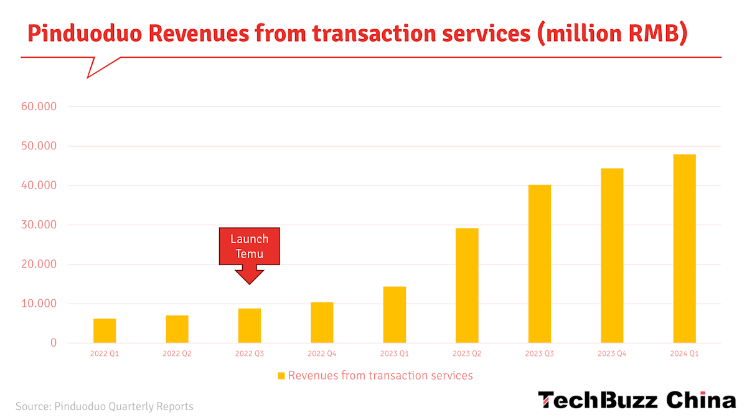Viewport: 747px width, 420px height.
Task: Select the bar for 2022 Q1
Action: [x=105, y=330]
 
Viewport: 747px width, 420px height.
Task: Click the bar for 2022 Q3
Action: [x=250, y=325]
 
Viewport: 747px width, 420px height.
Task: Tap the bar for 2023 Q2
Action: [x=467, y=286]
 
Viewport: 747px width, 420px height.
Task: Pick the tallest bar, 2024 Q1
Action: [x=684, y=249]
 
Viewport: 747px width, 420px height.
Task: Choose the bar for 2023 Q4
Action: [x=612, y=256]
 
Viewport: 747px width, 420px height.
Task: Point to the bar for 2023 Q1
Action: [x=395, y=315]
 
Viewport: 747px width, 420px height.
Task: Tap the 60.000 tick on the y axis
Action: [x=39, y=107]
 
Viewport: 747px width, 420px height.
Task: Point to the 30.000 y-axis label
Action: [x=39, y=225]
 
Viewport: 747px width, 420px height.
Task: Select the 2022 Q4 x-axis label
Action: [x=322, y=354]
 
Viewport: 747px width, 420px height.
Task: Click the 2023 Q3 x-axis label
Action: [x=539, y=354]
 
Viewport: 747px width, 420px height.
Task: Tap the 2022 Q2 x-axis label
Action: [x=177, y=354]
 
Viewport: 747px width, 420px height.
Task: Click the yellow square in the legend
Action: [x=281, y=376]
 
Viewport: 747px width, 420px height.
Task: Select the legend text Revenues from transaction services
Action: [x=380, y=376]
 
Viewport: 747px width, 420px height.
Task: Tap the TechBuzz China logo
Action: [x=637, y=400]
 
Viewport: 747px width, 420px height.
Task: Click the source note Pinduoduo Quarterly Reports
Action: [x=124, y=407]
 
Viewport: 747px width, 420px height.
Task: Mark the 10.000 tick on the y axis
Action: [x=39, y=304]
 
